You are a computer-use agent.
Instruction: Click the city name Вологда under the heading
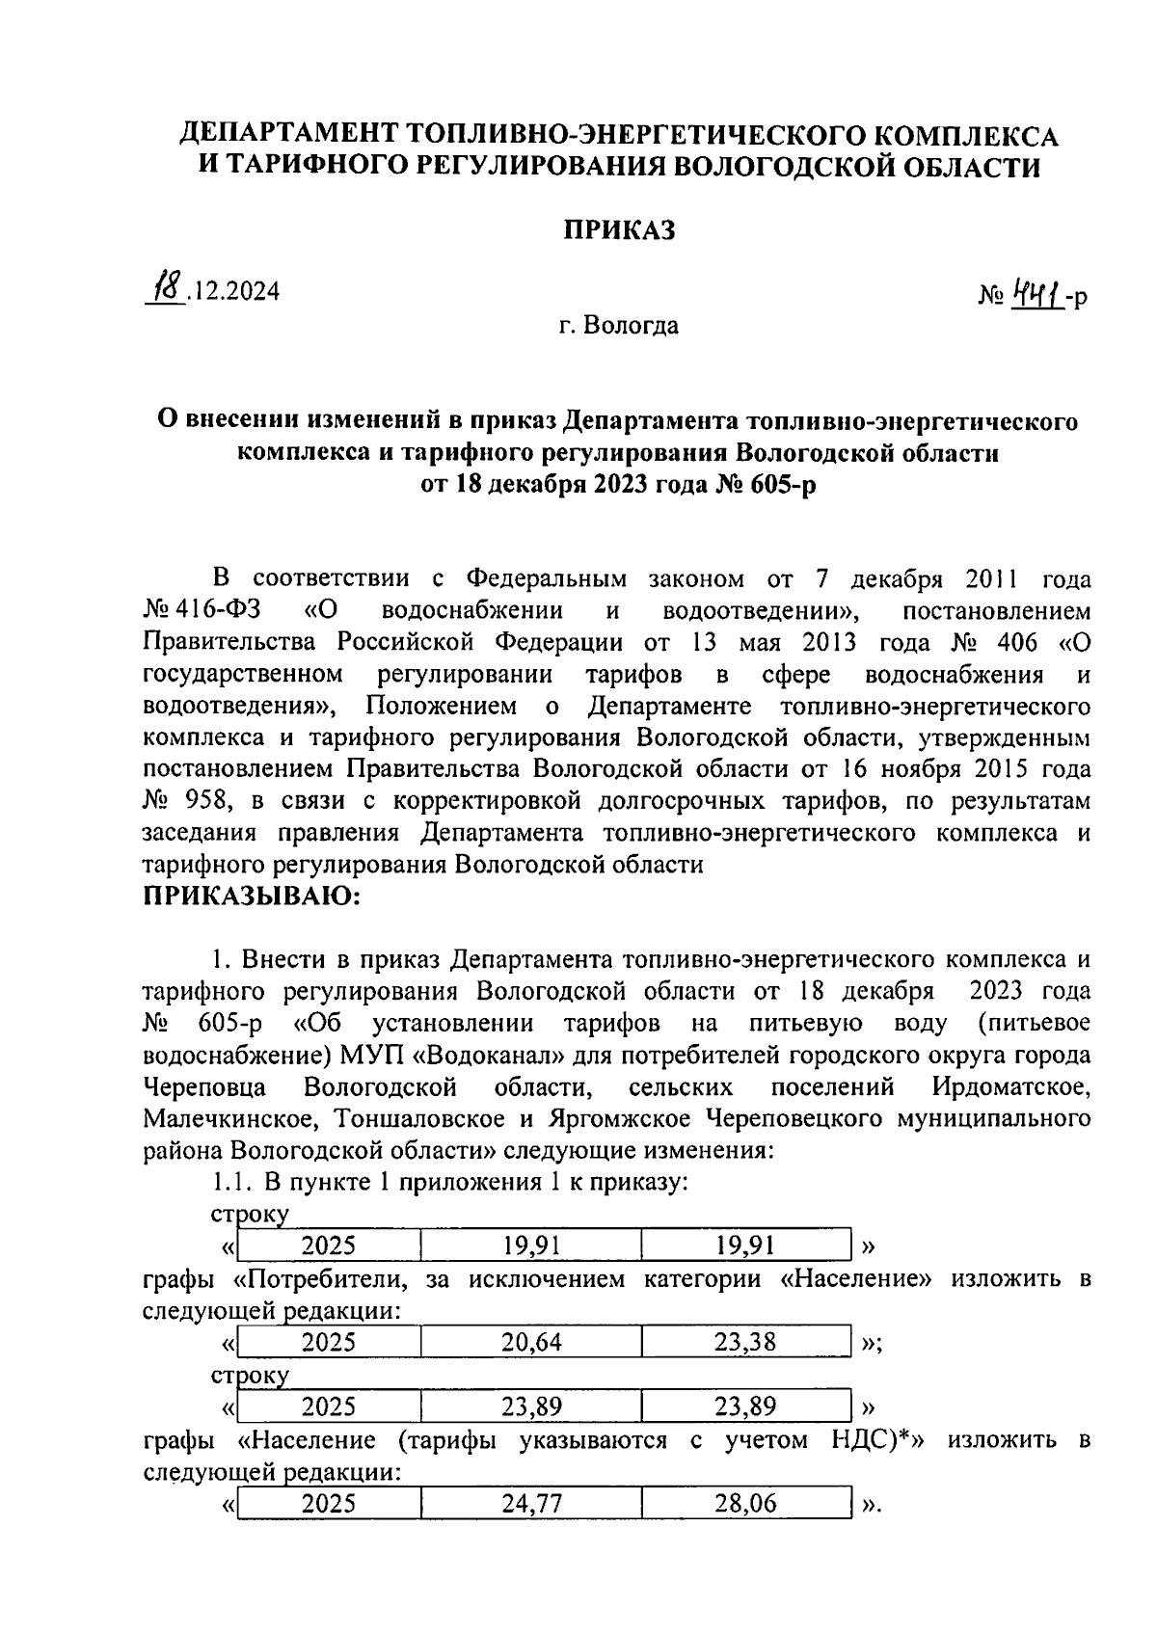632,326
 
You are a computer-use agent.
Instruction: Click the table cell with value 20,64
531,1341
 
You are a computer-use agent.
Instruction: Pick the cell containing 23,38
745,1341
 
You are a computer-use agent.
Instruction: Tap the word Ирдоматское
1011,1087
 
